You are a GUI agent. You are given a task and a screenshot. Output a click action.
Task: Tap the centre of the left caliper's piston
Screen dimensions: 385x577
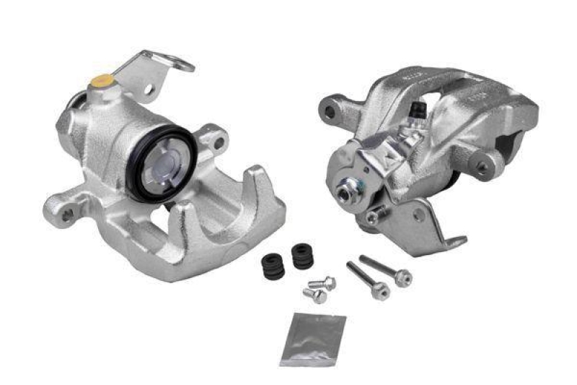(x=162, y=165)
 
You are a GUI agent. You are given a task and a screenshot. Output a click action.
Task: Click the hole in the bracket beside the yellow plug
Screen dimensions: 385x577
(x=149, y=90)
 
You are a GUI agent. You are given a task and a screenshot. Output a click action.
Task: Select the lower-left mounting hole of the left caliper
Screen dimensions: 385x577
(x=67, y=214)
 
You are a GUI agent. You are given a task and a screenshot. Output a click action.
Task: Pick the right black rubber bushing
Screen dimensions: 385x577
(x=302, y=256)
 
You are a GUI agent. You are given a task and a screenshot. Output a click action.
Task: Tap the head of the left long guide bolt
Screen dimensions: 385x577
(x=382, y=291)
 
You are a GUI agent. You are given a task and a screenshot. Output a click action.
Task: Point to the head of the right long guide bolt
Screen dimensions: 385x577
(x=404, y=277)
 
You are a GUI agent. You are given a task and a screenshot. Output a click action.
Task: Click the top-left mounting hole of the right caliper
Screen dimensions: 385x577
(x=330, y=112)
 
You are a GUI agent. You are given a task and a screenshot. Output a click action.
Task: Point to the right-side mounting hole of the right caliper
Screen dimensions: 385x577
(x=481, y=167)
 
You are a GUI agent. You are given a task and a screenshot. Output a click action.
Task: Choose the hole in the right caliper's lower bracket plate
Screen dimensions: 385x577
(x=418, y=215)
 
